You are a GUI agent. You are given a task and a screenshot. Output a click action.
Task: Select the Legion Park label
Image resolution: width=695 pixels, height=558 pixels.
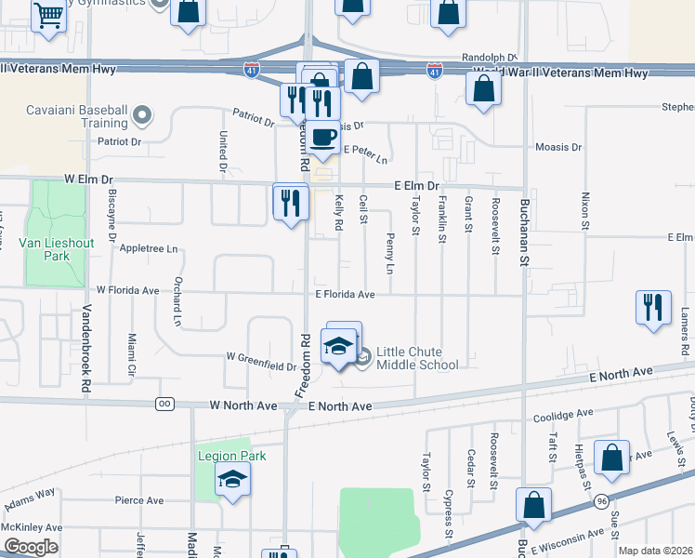coord(231,456)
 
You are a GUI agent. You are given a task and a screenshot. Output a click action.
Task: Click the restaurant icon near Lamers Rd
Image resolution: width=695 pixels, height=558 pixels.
coord(652,307)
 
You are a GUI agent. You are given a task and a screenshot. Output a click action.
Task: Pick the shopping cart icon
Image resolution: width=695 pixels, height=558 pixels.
coord(47,15)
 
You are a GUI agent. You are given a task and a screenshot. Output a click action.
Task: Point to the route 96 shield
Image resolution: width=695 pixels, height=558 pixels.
coord(602,501)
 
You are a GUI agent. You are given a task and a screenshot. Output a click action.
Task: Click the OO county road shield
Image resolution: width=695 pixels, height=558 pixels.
coord(165,404)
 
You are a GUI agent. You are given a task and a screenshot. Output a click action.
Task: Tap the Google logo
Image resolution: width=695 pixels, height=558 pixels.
coord(31,547)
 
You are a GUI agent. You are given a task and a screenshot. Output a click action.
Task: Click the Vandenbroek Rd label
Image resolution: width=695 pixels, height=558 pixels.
coord(85,349)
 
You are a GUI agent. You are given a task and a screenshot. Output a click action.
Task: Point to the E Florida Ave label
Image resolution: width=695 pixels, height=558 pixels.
coord(344,295)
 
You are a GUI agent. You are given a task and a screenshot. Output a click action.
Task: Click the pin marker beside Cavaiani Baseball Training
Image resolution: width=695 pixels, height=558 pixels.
coord(141,115)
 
